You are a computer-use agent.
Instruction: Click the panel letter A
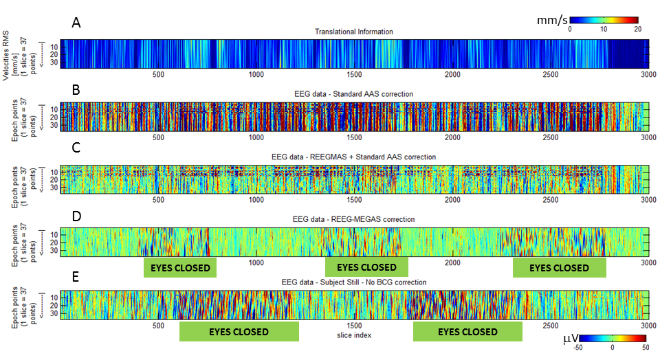(76, 23)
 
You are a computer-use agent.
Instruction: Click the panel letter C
(76, 152)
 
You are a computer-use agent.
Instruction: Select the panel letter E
(76, 276)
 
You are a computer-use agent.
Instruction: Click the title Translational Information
(354, 32)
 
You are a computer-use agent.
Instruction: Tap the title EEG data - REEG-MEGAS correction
(354, 219)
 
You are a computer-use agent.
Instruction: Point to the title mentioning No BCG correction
(354, 282)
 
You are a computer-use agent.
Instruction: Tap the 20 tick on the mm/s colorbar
(637, 30)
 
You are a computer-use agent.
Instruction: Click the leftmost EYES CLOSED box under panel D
(179, 267)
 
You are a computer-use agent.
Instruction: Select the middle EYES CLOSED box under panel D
(366, 267)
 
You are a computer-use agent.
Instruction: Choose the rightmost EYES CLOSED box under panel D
(559, 267)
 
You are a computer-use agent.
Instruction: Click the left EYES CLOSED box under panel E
(239, 331)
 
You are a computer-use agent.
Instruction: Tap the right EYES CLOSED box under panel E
(467, 331)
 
